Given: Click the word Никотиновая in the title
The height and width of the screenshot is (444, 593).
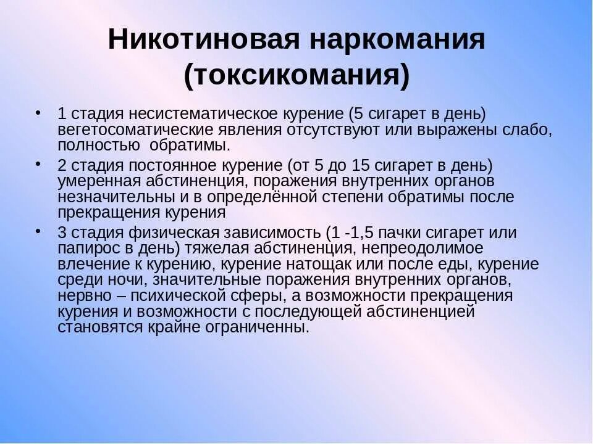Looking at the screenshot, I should tap(203, 39).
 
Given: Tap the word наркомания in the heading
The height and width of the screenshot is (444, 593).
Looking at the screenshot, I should tap(398, 39).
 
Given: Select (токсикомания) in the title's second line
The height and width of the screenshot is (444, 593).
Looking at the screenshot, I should tap(296, 75).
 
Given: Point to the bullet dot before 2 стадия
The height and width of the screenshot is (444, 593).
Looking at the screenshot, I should tap(39, 163).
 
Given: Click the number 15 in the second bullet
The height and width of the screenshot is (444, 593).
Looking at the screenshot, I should tap(362, 166).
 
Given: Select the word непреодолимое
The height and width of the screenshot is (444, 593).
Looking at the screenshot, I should tap(432, 249).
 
